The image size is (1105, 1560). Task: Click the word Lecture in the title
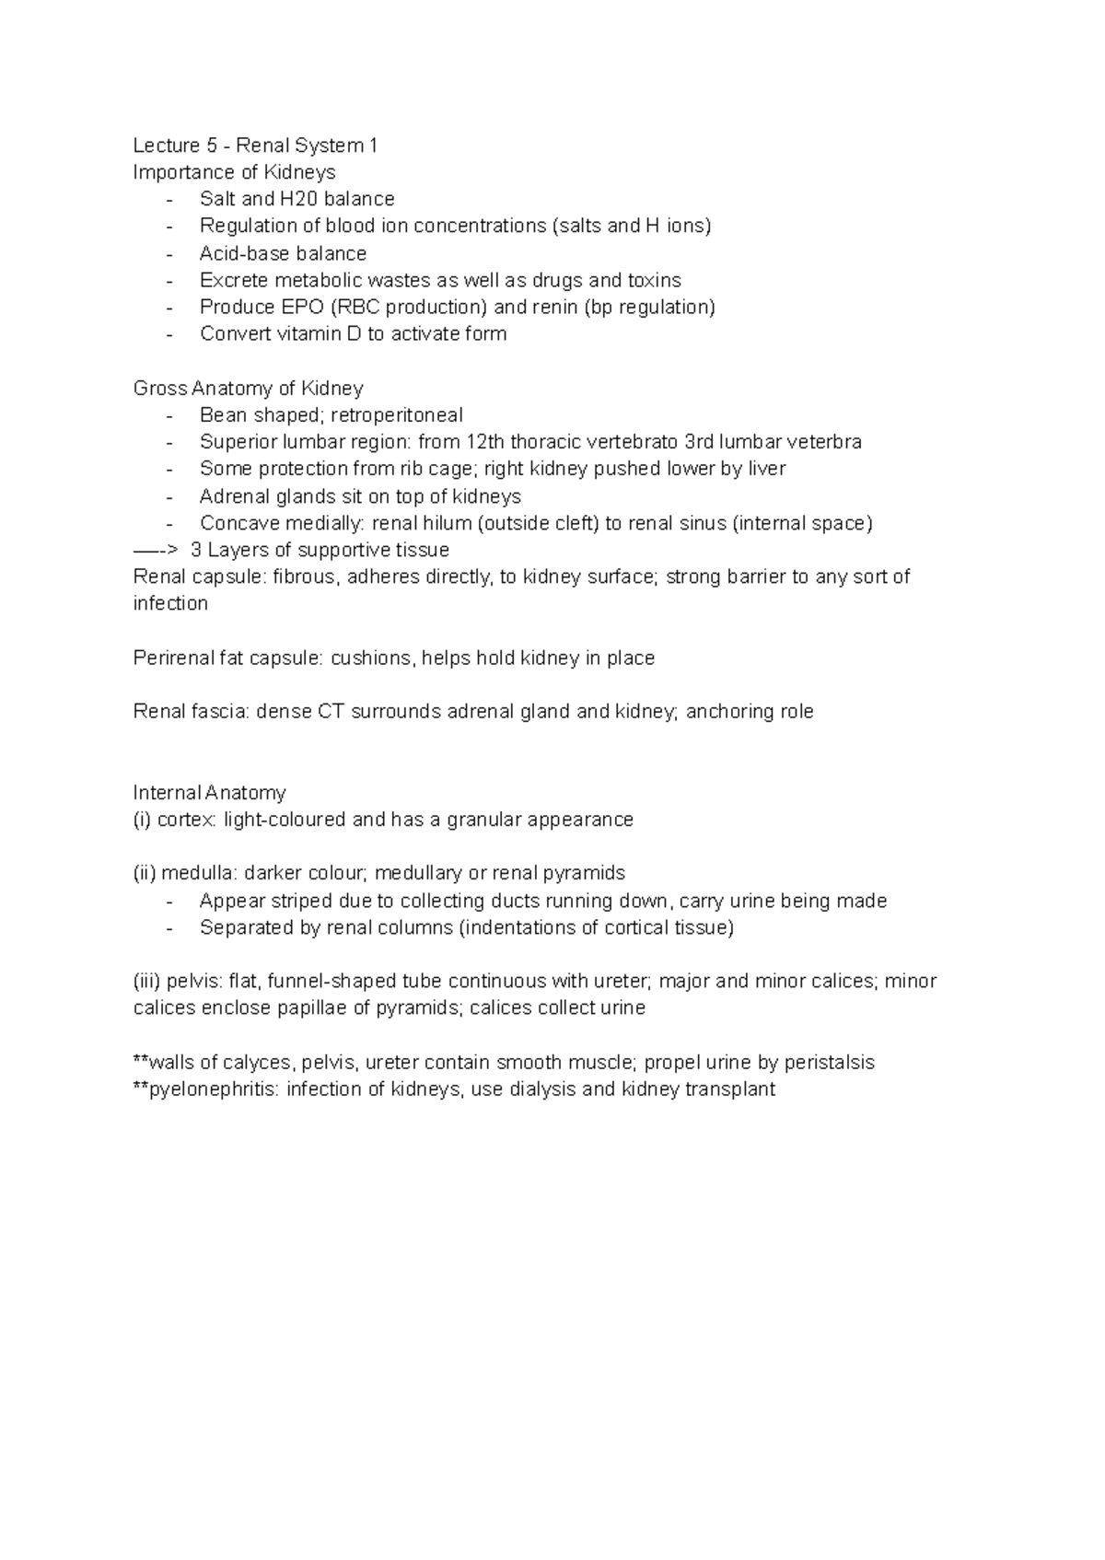(x=167, y=146)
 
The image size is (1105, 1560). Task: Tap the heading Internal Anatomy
(x=210, y=793)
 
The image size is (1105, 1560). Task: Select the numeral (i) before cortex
(x=143, y=820)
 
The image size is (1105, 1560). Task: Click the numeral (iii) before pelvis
(x=147, y=982)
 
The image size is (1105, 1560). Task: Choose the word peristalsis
(x=829, y=1063)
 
